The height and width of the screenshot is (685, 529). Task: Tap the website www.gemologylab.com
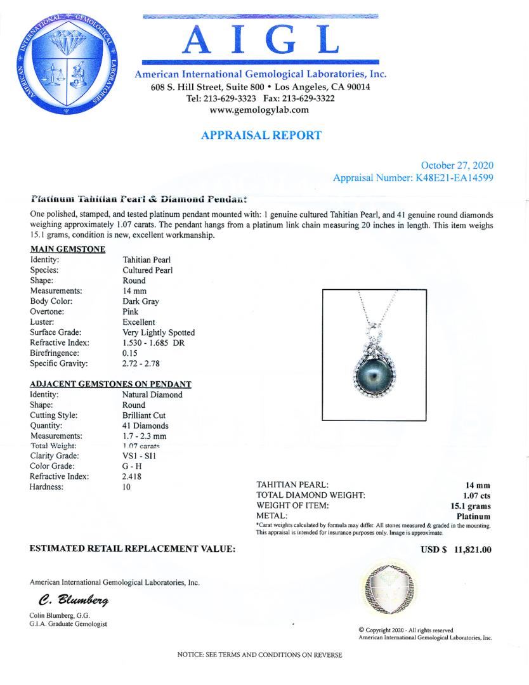click(260, 110)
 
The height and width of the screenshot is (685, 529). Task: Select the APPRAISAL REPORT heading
click(261, 135)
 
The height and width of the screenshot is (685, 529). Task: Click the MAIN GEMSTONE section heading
click(67, 249)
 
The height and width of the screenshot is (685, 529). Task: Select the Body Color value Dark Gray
click(141, 301)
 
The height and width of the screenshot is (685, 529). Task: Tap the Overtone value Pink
click(131, 312)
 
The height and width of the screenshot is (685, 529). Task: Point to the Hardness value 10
click(126, 487)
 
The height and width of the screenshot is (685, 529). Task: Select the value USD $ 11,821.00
click(456, 549)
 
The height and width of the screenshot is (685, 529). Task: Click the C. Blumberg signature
click(73, 600)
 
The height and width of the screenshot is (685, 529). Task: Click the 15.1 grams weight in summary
click(470, 506)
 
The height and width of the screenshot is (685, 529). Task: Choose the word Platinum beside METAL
click(473, 516)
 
